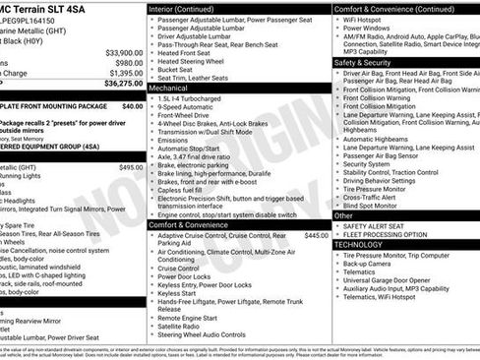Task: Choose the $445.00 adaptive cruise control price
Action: click(317, 236)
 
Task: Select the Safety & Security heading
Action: click(363, 62)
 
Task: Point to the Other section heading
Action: click(343, 215)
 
